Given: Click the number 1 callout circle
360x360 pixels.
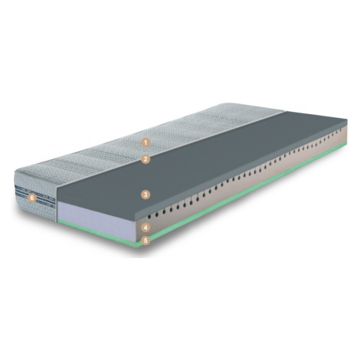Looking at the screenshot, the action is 146,142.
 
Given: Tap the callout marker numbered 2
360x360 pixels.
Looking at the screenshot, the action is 146,159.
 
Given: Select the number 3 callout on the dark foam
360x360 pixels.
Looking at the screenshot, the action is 146,195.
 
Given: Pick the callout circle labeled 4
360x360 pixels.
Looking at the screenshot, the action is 146,227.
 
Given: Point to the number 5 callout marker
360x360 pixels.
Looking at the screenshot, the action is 146,241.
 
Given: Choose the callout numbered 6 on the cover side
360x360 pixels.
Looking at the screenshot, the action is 32,198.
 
